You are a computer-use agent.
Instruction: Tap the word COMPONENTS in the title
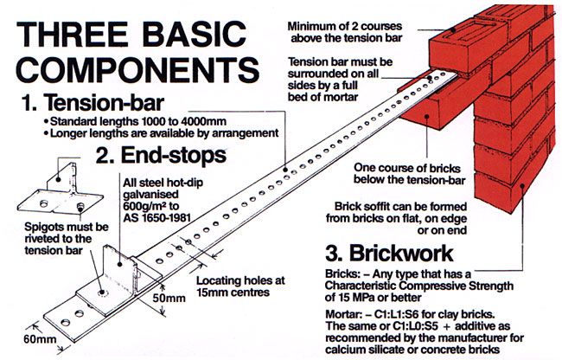(137, 69)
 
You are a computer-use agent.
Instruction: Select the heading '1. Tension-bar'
(93, 103)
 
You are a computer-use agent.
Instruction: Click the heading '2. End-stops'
(161, 155)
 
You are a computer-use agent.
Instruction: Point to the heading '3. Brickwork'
(389, 253)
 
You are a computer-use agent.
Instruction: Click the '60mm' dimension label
(40, 339)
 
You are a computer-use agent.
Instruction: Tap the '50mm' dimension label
(169, 298)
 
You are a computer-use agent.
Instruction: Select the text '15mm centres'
(233, 292)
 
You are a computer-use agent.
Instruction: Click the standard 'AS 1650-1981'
(156, 218)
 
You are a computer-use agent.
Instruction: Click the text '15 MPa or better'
(374, 297)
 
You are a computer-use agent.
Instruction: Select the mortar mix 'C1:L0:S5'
(417, 326)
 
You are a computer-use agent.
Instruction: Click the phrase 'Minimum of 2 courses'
(344, 26)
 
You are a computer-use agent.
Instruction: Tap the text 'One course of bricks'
(407, 168)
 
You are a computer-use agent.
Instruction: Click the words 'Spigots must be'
(67, 227)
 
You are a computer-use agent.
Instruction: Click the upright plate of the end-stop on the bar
(120, 270)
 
